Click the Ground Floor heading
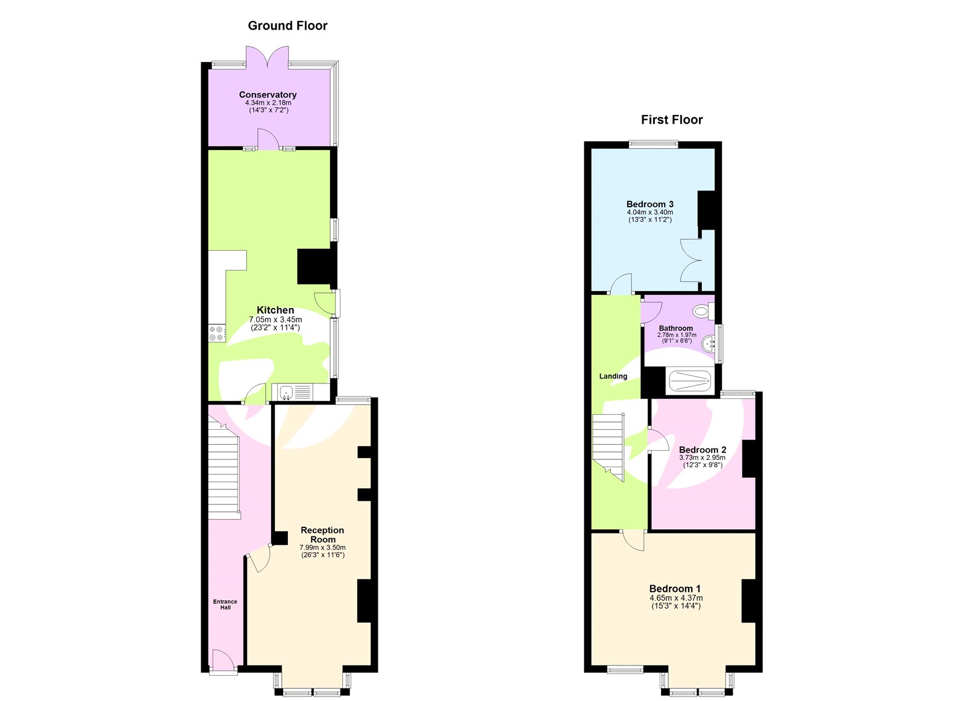pyautogui.click(x=287, y=26)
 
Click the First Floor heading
pyautogui.click(x=672, y=120)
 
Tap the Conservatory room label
pyautogui.click(x=268, y=95)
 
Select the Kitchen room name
pyautogui.click(x=275, y=310)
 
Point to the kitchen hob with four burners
pyautogui.click(x=217, y=333)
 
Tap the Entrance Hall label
pyautogui.click(x=225, y=604)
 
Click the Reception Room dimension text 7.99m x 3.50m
pyautogui.click(x=323, y=547)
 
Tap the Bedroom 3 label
pyautogui.click(x=649, y=204)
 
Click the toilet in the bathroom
pyautogui.click(x=701, y=312)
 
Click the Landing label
pyautogui.click(x=613, y=376)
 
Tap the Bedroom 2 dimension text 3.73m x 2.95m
pyautogui.click(x=702, y=457)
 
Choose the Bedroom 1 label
pyautogui.click(x=675, y=589)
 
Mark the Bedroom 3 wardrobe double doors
pyautogui.click(x=692, y=260)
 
